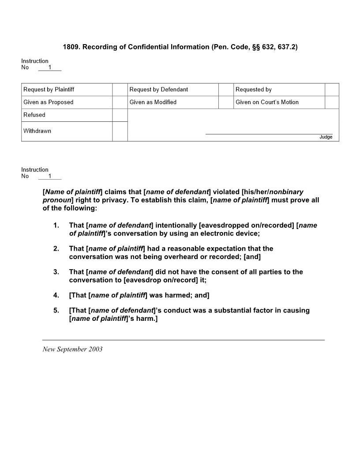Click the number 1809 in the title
[x=71, y=47]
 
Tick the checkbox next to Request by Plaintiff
[x=120, y=90]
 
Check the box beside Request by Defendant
[x=226, y=90]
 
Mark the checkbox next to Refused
[x=120, y=115]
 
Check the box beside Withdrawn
[x=120, y=131]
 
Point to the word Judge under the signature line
[x=326, y=137]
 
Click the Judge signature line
[x=269, y=134]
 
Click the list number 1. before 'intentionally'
[x=56, y=225]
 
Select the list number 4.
[x=56, y=295]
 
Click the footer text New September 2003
[x=72, y=349]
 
